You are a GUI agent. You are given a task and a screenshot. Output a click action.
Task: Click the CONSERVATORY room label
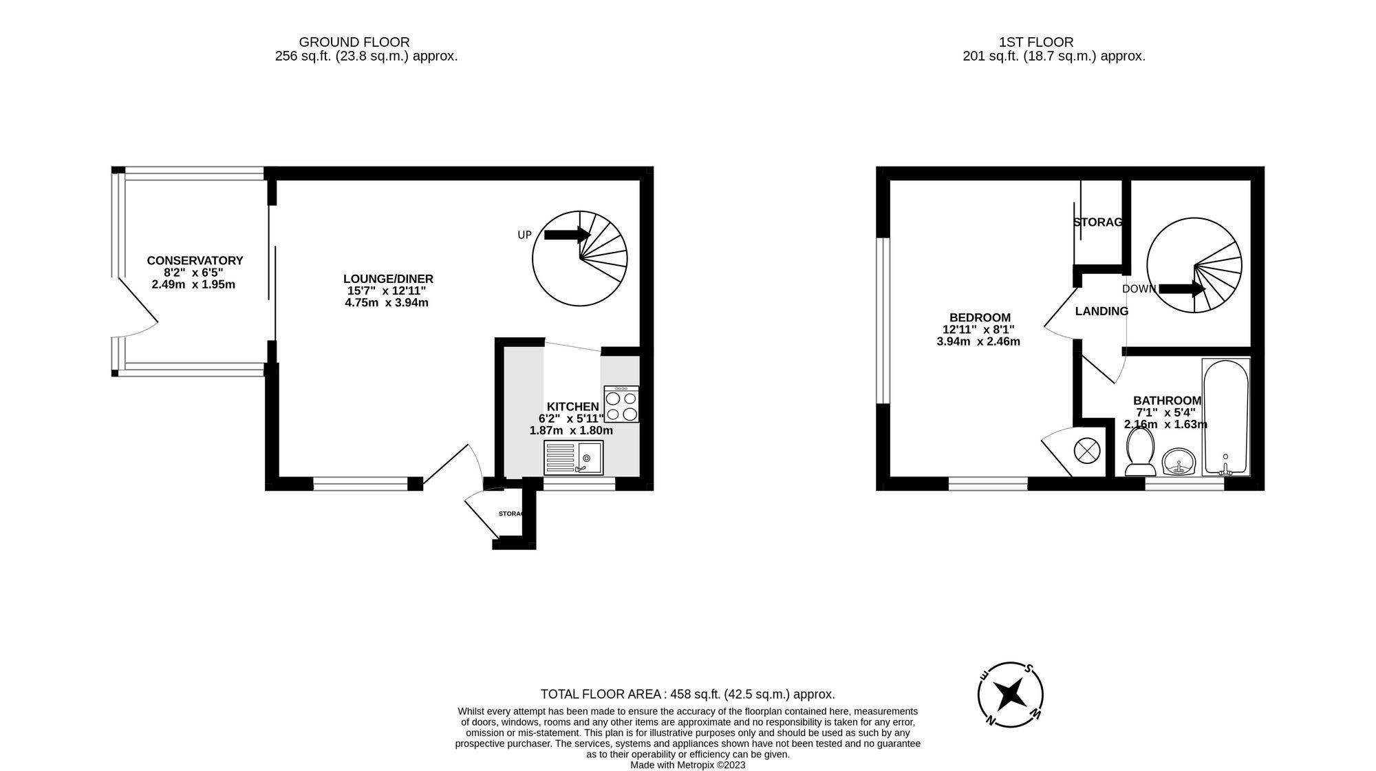point(195,261)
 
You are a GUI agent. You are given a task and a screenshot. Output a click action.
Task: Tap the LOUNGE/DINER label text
point(388,279)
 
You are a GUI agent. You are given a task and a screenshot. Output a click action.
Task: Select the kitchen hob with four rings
point(621,405)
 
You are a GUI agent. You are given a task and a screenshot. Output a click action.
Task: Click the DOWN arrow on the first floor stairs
point(1181,288)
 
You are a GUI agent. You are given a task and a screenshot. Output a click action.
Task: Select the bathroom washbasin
point(1180,462)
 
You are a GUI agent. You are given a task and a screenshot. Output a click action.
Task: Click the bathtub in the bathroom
point(1225,416)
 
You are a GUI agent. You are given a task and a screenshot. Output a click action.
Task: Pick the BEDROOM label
point(980,317)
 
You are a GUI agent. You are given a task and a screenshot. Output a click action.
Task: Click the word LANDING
point(1101,311)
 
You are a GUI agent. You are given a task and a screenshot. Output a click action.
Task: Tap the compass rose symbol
point(1011,695)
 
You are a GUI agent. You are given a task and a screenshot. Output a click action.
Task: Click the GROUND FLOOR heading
point(354,42)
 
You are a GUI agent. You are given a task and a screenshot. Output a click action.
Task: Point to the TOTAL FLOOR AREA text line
point(687,694)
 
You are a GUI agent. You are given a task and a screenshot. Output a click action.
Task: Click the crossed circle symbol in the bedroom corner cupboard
point(1087,452)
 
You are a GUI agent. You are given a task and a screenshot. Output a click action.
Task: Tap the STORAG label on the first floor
point(1097,222)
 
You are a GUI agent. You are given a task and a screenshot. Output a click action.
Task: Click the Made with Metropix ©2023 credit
point(687,765)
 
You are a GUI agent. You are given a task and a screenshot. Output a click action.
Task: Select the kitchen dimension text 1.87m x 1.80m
point(570,431)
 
